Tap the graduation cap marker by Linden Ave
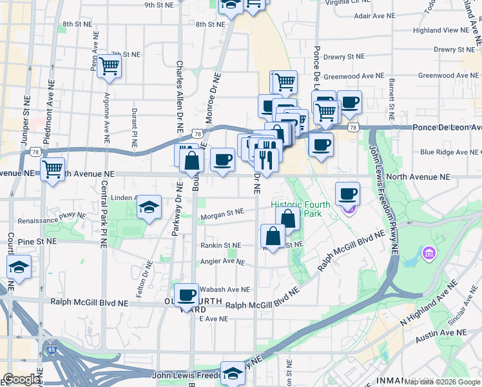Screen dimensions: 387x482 pyautogui.click(x=149, y=207)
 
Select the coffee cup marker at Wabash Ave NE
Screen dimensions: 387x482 pyautogui.click(x=186, y=295)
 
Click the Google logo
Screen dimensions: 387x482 pyautogui.click(x=21, y=379)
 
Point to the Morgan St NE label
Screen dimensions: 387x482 pyautogui.click(x=222, y=212)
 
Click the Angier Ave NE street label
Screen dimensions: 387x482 pyautogui.click(x=222, y=262)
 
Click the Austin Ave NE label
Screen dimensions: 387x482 pyautogui.click(x=441, y=333)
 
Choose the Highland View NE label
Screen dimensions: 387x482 pyautogui.click(x=445, y=30)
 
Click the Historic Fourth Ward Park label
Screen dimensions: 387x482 pyautogui.click(x=300, y=209)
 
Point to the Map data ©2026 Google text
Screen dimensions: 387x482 pyautogui.click(x=442, y=382)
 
